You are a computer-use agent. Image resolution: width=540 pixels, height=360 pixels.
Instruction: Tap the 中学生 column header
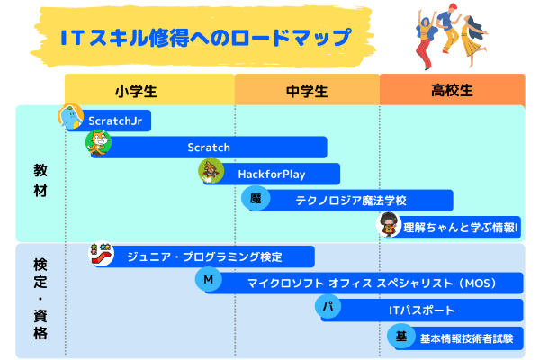(306, 91)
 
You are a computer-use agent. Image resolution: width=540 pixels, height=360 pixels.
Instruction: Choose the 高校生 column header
(452, 91)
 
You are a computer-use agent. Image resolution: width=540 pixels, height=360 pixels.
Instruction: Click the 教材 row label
(40, 179)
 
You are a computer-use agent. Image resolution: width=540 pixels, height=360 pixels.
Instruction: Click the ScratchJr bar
(112, 120)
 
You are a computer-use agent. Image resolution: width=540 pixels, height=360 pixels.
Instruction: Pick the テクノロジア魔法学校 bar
(355, 201)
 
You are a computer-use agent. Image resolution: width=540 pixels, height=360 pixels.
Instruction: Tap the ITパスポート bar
(423, 310)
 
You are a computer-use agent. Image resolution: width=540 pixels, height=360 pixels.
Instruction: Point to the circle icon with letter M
(208, 281)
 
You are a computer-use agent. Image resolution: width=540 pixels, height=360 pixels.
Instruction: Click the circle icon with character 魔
(255, 198)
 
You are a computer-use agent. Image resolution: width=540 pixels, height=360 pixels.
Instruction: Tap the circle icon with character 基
(401, 337)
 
